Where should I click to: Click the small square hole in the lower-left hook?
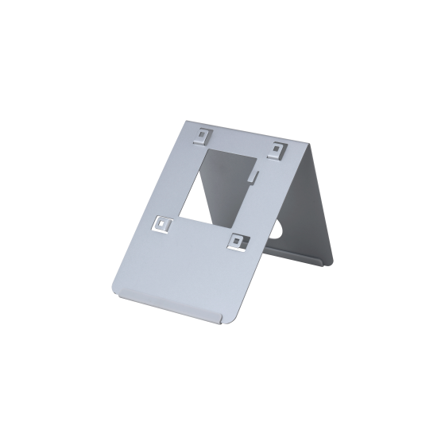(161, 225)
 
